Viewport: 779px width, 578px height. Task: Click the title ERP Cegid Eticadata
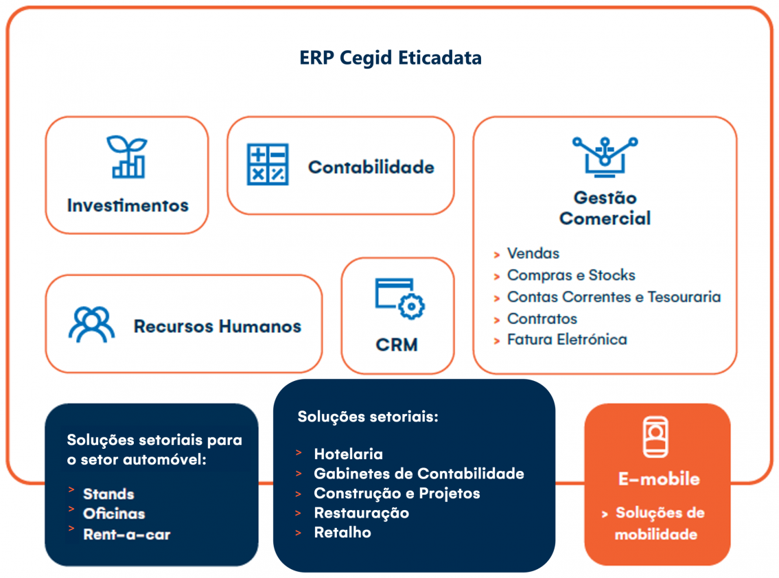[391, 58]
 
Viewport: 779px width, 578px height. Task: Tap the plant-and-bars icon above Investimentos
[127, 157]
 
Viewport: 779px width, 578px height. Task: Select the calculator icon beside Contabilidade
[268, 165]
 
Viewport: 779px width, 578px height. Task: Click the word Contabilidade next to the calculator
[371, 167]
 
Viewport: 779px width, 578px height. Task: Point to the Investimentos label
[128, 205]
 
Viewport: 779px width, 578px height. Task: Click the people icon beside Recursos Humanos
[91, 324]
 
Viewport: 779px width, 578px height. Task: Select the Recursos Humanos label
[217, 326]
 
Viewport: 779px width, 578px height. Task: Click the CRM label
[397, 345]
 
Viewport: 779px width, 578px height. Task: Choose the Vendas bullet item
[533, 253]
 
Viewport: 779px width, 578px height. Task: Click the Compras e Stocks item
[570, 275]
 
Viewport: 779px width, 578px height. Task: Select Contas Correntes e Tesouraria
[614, 297]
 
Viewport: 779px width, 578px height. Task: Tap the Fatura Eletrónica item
[566, 339]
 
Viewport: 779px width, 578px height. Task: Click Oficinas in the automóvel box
[114, 513]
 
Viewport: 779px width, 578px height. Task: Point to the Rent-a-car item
[126, 534]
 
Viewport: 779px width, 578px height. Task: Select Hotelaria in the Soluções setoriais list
[348, 454]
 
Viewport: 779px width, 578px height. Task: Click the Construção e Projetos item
[397, 494]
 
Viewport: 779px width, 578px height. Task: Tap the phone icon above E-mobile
[655, 437]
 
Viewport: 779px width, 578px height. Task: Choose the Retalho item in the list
[342, 532]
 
